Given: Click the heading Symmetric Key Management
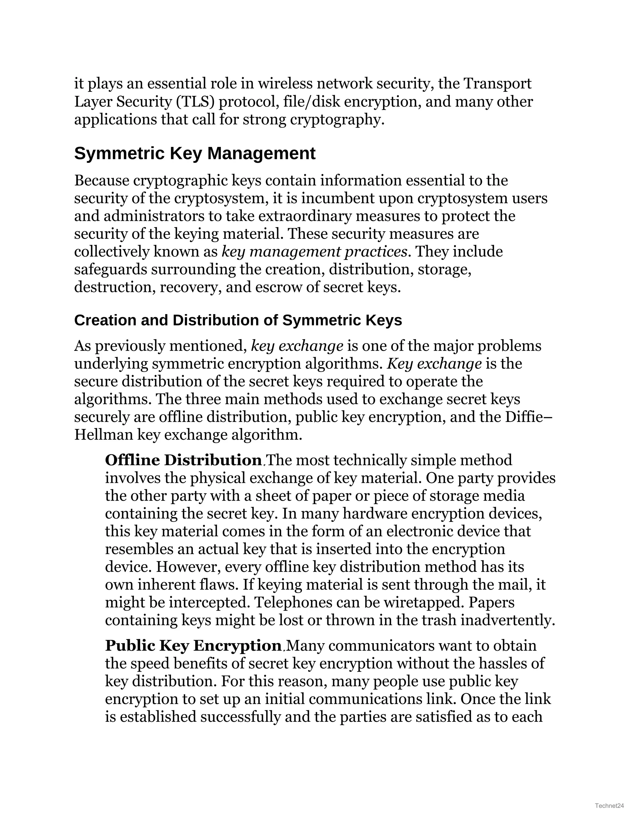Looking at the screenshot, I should coord(194,154).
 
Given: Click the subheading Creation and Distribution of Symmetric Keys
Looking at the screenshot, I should coord(238,320).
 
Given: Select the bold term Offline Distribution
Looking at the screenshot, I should coord(183,460).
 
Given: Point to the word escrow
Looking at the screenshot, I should coord(278,287).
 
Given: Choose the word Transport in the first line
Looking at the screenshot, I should coord(497,84).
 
